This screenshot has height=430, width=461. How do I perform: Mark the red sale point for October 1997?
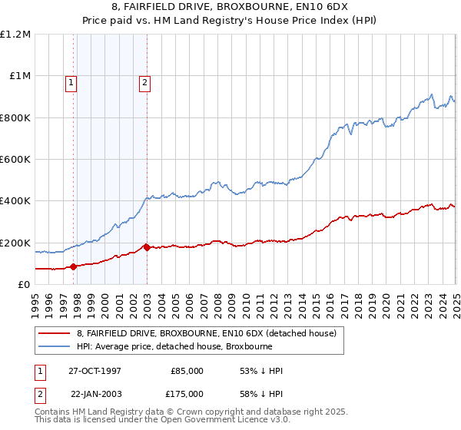74,267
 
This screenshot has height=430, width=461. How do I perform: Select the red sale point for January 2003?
148,247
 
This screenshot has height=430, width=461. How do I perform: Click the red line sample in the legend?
55,333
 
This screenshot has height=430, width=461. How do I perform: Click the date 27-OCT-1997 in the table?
95,371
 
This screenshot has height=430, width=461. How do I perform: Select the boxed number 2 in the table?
40,393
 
